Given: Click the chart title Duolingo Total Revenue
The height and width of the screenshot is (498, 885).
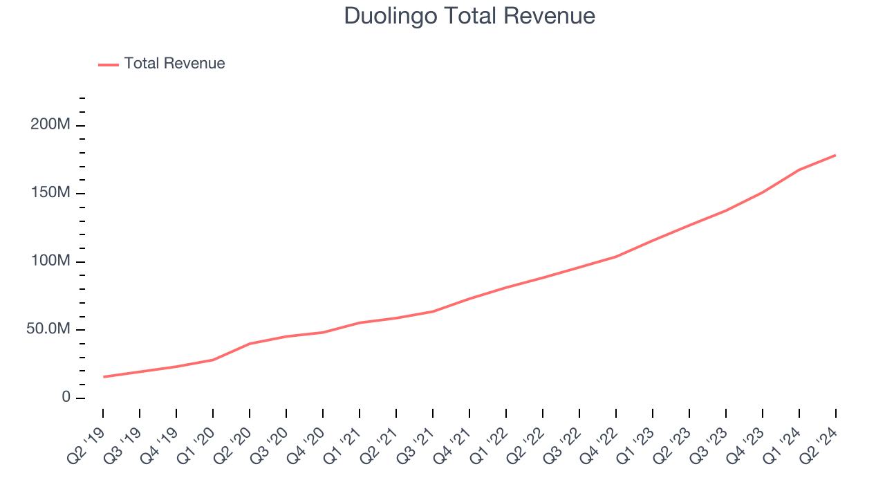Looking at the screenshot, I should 469,16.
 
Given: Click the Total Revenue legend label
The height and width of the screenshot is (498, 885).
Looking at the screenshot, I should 174,64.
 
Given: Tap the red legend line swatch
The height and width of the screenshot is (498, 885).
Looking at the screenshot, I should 109,64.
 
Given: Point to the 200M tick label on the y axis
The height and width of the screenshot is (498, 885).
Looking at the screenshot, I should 50,125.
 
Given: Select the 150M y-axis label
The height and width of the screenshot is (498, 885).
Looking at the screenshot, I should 50,193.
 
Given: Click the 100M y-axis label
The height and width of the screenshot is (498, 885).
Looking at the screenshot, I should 50,261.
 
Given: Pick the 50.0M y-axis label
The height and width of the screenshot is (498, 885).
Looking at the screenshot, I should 48,329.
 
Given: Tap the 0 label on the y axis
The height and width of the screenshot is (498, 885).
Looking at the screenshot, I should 66,398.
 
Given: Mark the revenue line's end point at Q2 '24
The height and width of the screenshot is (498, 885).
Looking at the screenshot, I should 835,155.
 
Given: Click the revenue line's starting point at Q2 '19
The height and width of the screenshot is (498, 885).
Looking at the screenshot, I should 103,377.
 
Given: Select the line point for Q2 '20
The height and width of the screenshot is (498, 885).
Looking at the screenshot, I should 250,344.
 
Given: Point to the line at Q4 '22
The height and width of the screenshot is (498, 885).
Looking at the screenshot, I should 616,257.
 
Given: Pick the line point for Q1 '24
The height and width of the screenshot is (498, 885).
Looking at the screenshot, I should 799,169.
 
